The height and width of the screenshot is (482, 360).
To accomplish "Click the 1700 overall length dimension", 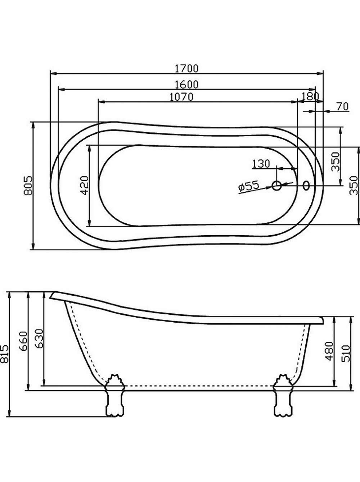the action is pos(186,68).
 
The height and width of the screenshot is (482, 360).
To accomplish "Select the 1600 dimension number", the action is pos(186,85).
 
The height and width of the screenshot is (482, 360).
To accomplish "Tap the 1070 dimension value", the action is pos(181,97).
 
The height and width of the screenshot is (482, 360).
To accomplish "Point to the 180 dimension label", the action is pos(310,96).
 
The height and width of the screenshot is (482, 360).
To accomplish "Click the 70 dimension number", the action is pos(342,106).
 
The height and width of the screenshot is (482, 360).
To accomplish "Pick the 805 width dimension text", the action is pos(28,185).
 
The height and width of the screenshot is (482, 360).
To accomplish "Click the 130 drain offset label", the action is pos(261,164).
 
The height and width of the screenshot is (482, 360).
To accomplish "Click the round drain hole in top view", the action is pos(277,186).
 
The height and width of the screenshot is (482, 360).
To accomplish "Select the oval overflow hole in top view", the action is pos(306,186).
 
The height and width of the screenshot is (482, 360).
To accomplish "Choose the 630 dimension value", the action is pos(40,339).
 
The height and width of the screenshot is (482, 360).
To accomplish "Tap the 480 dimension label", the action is pos(329,351).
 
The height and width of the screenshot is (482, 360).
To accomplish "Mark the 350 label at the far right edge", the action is pos(354,186).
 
